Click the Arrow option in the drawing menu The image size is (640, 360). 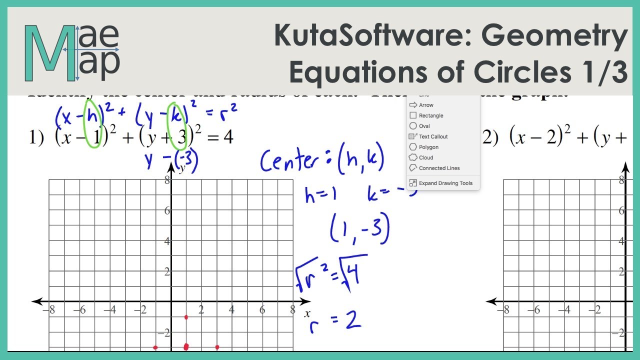point(426,105)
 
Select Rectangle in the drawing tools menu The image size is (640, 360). point(430,115)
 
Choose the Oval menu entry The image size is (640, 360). point(424,126)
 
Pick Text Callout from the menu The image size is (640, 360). point(433,136)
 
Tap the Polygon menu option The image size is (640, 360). point(428,147)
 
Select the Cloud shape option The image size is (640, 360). point(426,157)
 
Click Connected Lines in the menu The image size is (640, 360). point(439,168)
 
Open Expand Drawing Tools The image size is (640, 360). point(445,183)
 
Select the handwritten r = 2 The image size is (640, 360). point(334,320)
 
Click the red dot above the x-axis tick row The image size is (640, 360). point(186,317)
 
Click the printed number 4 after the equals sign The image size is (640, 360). point(228,137)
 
